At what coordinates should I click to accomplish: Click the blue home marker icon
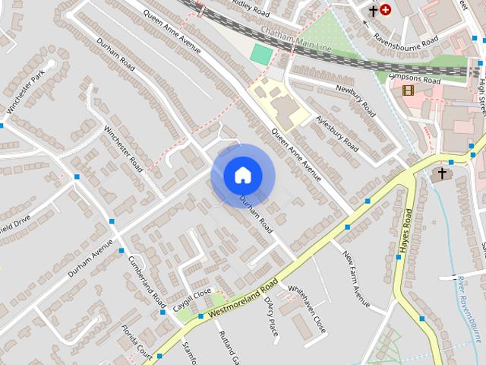(x=242, y=175)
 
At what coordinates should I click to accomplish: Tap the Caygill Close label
(x=191, y=297)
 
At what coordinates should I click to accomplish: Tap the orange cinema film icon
(x=409, y=90)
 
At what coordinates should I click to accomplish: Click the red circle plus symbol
(x=386, y=10)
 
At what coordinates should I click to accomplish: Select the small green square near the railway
(x=260, y=54)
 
